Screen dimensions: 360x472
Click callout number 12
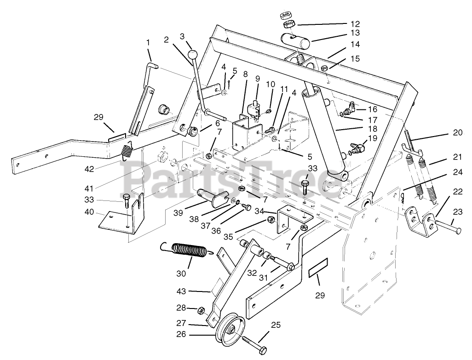(355, 24)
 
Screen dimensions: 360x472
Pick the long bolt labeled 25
(254, 344)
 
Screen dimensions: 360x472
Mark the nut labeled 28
(201, 311)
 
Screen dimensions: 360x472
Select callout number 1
(148, 42)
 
